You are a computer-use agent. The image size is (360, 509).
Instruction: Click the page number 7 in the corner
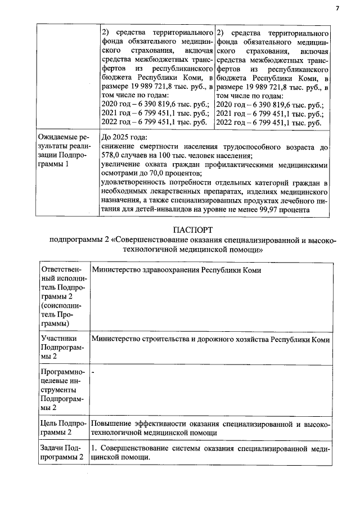337,8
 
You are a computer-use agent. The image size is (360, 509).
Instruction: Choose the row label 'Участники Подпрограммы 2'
62,348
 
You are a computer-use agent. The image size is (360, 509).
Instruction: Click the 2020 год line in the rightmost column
269,105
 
